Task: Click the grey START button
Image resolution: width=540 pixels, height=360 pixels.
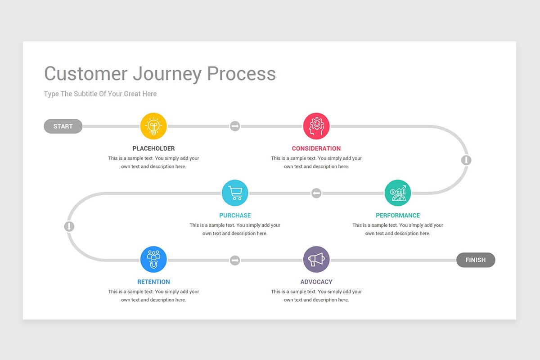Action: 63,126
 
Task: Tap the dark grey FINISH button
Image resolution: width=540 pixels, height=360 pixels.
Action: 476,260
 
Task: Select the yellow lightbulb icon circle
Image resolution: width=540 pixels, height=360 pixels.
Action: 153,126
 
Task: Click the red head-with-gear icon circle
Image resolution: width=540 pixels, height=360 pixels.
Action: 316,126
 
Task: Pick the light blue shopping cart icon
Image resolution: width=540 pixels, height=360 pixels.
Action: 235,193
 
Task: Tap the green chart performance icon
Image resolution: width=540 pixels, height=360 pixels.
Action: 398,193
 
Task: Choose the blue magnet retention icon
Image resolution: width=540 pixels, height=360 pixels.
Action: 153,260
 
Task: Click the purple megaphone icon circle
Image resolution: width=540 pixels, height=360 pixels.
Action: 316,260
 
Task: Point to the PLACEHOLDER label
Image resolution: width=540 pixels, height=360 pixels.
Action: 153,148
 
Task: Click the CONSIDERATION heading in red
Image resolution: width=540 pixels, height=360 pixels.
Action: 316,148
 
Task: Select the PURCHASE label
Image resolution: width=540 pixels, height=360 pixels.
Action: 235,216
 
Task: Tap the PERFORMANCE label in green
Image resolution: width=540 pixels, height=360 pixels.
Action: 398,216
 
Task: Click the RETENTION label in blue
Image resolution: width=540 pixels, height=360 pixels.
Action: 153,282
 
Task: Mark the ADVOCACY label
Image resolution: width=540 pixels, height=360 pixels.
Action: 316,282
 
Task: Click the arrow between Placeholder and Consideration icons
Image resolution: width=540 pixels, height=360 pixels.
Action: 235,126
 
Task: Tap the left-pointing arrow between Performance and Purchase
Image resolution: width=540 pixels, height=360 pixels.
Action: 316,193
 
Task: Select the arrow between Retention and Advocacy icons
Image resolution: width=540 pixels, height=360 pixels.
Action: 235,260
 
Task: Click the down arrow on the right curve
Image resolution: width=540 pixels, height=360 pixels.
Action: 467,160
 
